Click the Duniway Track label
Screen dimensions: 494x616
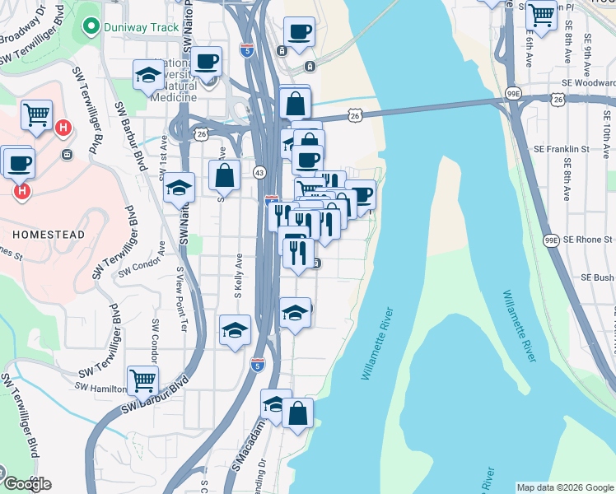pyautogui.click(x=141, y=27)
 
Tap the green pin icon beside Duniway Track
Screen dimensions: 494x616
pyautogui.click(x=91, y=27)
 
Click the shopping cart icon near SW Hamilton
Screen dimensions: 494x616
pyautogui.click(x=142, y=380)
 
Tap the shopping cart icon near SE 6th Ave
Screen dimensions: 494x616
pyautogui.click(x=541, y=15)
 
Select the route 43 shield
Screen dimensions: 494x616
pyautogui.click(x=259, y=172)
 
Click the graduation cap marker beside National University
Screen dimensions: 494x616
pyautogui.click(x=149, y=75)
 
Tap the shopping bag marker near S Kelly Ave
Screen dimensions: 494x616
pyautogui.click(x=224, y=175)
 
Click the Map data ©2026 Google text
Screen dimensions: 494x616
pyautogui.click(x=565, y=487)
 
